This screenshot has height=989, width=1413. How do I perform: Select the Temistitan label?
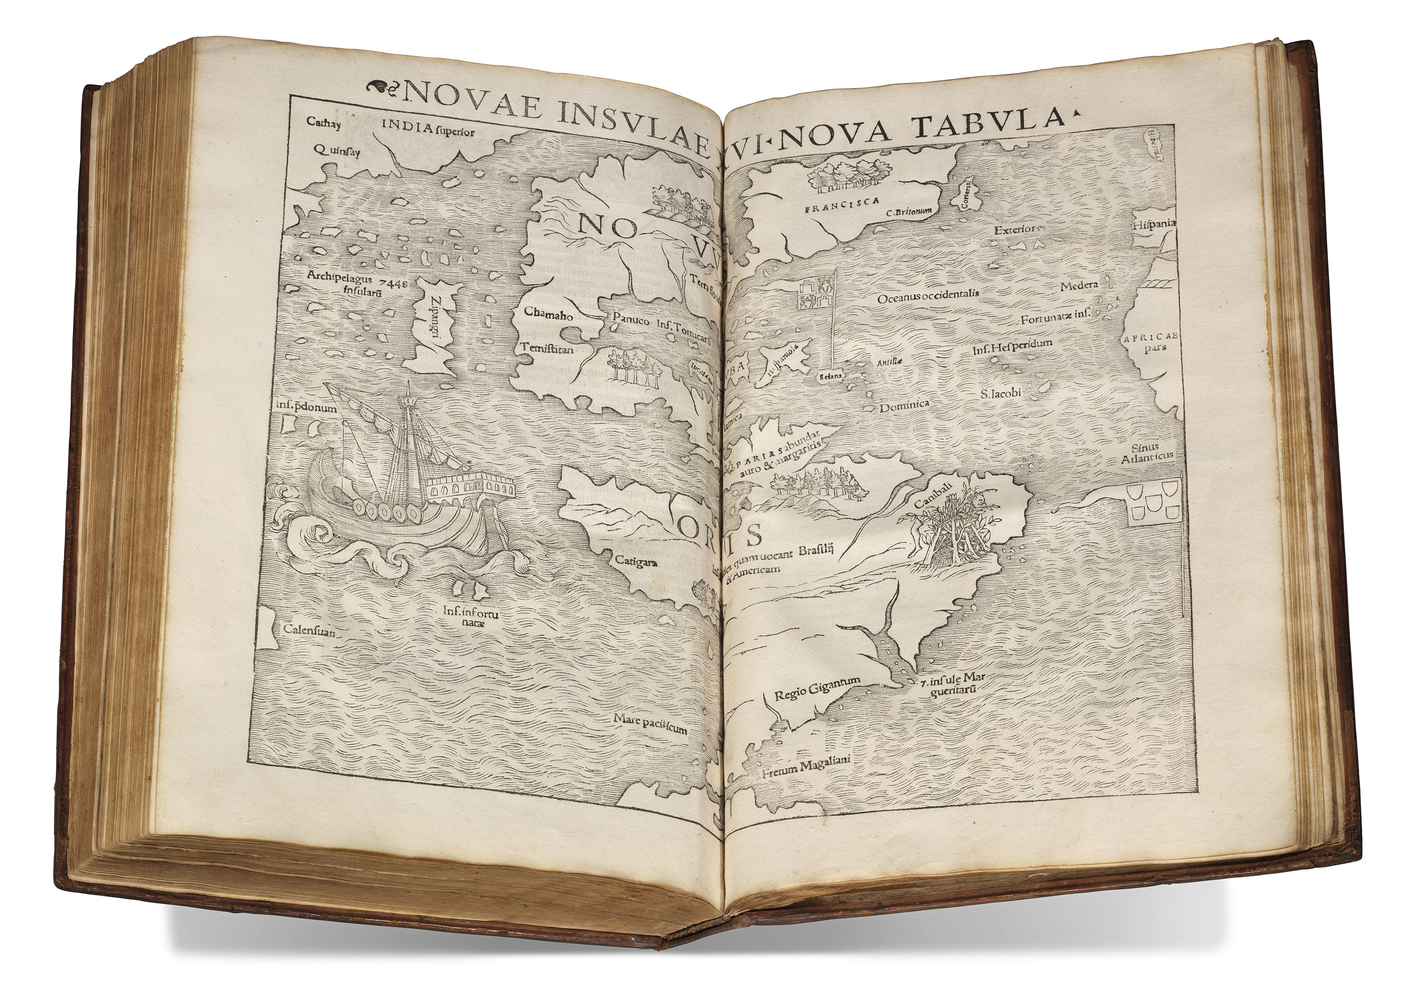(547, 347)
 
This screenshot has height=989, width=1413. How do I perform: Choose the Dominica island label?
(903, 407)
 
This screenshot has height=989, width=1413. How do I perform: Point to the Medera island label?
(1079, 286)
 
